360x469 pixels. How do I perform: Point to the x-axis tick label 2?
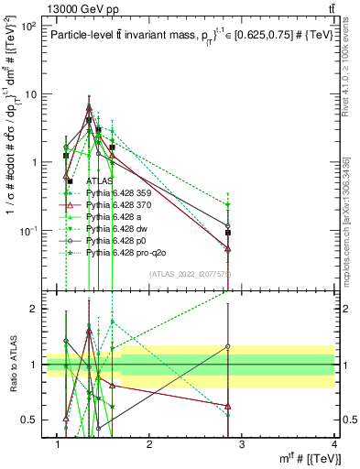tap(149, 446)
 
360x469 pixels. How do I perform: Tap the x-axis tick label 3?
tap(242, 446)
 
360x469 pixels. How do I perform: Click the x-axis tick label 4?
tap(333, 446)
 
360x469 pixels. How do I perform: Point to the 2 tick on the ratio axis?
tap(33, 309)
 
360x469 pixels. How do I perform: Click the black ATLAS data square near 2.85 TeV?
tap(228, 234)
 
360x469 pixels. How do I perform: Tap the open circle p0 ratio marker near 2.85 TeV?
tap(228, 347)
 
